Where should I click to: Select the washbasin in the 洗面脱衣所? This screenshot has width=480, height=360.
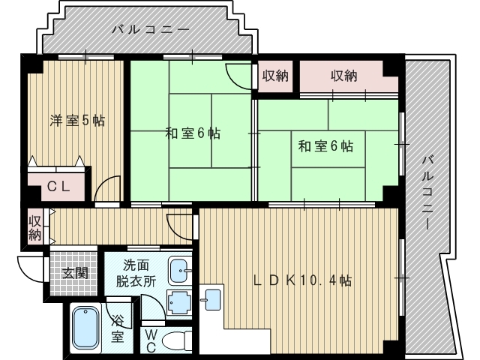click(180, 269)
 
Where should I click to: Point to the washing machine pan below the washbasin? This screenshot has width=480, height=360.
click(179, 301)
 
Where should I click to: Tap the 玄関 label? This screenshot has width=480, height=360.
click(75, 271)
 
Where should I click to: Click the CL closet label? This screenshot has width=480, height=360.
click(60, 187)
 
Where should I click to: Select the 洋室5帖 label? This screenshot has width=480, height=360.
click(77, 120)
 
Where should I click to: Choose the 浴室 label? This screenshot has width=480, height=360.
click(118, 328)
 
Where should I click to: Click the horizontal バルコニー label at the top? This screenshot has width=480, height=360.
click(150, 31)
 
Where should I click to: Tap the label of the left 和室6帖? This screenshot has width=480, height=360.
click(192, 133)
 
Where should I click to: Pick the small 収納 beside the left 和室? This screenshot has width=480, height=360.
click(275, 76)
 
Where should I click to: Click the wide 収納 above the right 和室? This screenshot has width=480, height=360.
click(344, 76)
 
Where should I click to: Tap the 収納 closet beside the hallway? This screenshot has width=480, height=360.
click(34, 227)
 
